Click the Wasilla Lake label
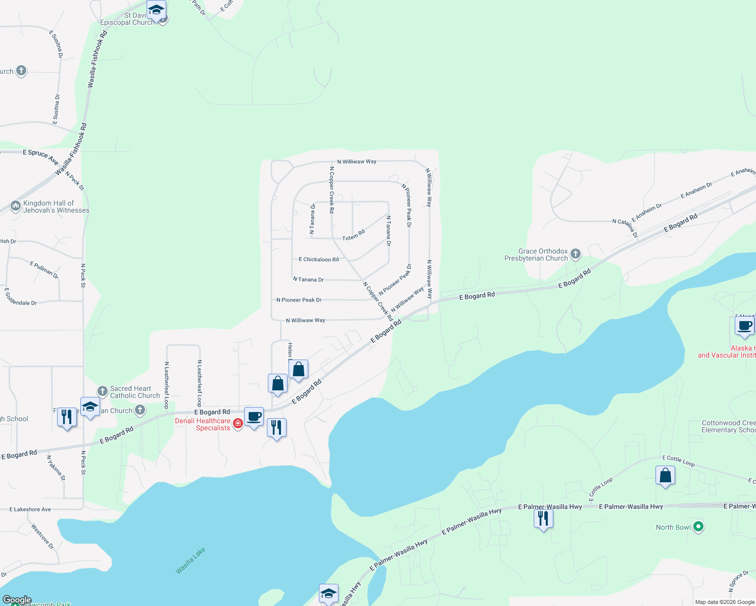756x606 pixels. point(191,561)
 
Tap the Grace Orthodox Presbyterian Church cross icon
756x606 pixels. point(575,254)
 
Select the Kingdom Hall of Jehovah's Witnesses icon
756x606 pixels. point(15,206)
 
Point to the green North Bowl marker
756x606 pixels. point(698,527)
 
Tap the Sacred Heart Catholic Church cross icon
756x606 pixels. point(103,391)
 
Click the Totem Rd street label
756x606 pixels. point(353,235)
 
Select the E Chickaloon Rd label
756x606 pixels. point(318,260)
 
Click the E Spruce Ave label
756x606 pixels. point(40,156)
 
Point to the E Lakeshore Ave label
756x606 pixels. point(30,510)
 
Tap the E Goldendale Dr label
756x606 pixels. point(20,297)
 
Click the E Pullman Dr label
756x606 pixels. point(44,270)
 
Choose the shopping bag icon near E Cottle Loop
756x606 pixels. point(665,476)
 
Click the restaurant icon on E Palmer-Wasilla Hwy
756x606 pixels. point(543,519)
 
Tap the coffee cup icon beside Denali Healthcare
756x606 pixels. point(254,417)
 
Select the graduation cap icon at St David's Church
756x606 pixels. point(157,10)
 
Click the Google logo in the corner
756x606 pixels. point(17,600)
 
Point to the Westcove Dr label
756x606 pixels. point(42,536)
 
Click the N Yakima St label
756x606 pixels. point(56,468)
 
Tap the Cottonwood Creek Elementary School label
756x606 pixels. point(728,426)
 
